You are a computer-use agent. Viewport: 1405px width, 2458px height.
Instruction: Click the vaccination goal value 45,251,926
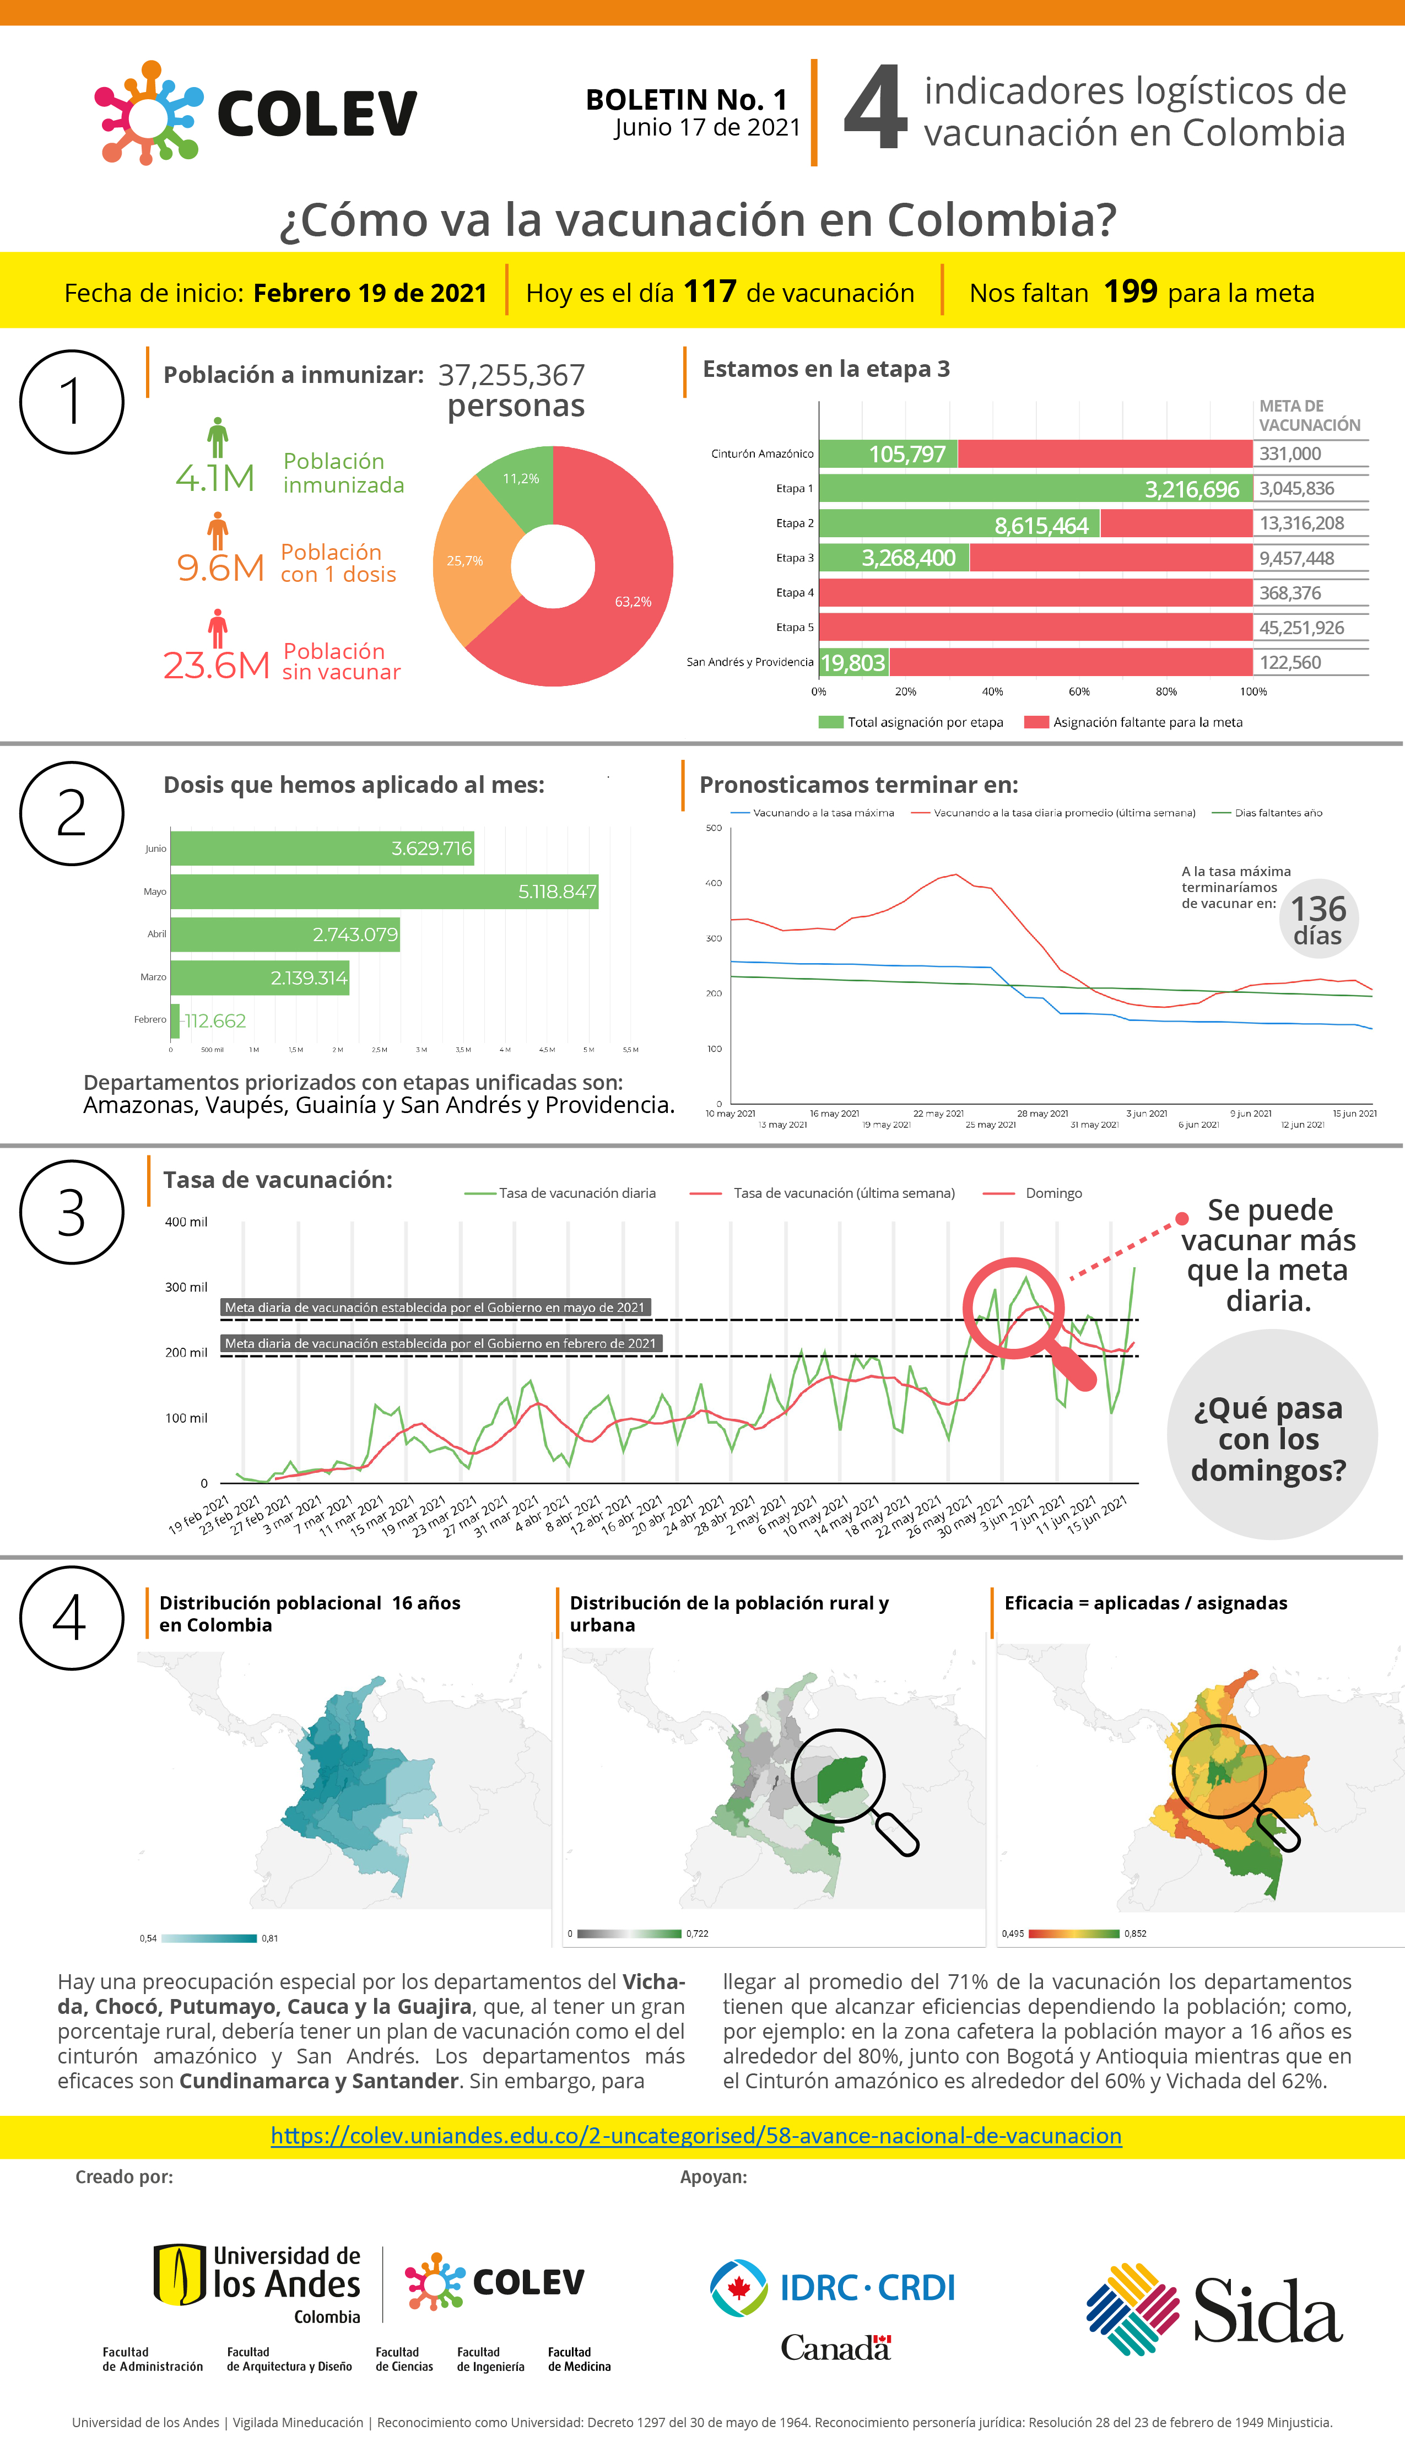[x=1301, y=628]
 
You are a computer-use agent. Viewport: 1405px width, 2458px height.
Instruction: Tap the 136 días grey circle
[x=1318, y=919]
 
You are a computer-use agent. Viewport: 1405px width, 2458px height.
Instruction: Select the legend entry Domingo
[x=1053, y=1193]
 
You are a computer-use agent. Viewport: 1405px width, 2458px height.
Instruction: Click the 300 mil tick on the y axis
[x=186, y=1287]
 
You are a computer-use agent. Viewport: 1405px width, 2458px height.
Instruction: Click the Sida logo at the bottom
[x=1214, y=2309]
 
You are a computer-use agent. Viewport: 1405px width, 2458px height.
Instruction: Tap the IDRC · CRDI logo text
[x=867, y=2287]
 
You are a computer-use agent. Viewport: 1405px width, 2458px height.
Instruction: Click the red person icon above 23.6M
[x=218, y=628]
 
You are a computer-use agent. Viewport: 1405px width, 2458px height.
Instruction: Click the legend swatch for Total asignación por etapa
[x=830, y=722]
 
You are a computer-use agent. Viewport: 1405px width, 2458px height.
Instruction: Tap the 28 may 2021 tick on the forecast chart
[x=1042, y=1113]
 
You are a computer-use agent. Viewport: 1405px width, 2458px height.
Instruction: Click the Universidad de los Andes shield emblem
[x=180, y=2274]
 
